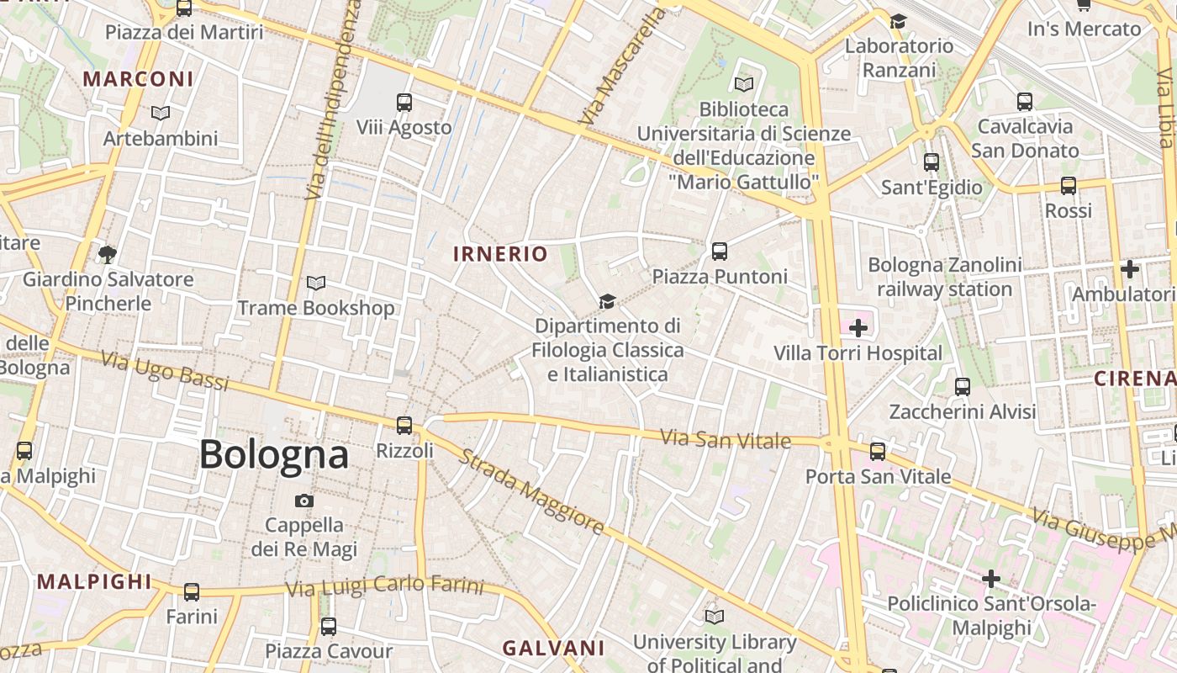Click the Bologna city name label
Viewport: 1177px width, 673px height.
[x=273, y=454]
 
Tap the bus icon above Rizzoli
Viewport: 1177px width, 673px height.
[x=404, y=425]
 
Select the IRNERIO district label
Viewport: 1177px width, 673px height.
[x=500, y=253]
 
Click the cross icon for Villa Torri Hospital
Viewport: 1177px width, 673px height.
[x=858, y=327]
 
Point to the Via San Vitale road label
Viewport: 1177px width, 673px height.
[x=726, y=438]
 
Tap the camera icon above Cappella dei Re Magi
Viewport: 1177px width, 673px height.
[x=304, y=501]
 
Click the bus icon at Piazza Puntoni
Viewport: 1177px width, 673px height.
[x=719, y=251]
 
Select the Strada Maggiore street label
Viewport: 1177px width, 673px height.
[x=530, y=492]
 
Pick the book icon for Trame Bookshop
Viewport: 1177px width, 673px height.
[x=316, y=283]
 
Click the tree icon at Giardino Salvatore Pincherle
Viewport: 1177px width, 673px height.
[x=107, y=253]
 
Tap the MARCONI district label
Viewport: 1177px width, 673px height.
[x=138, y=79]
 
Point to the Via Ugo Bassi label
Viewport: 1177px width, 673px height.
[x=165, y=371]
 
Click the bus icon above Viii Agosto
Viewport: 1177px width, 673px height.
[x=404, y=103]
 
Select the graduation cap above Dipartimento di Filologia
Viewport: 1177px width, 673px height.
[x=606, y=300]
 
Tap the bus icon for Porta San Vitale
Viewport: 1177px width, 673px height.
[x=878, y=452]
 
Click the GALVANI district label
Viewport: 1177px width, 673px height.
[x=553, y=648]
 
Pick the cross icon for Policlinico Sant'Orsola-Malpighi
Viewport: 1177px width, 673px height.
[x=991, y=579]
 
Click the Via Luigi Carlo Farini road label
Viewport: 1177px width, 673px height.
[x=385, y=586]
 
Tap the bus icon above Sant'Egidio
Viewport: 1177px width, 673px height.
[x=932, y=162]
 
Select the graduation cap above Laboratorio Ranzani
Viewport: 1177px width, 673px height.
[x=899, y=21]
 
